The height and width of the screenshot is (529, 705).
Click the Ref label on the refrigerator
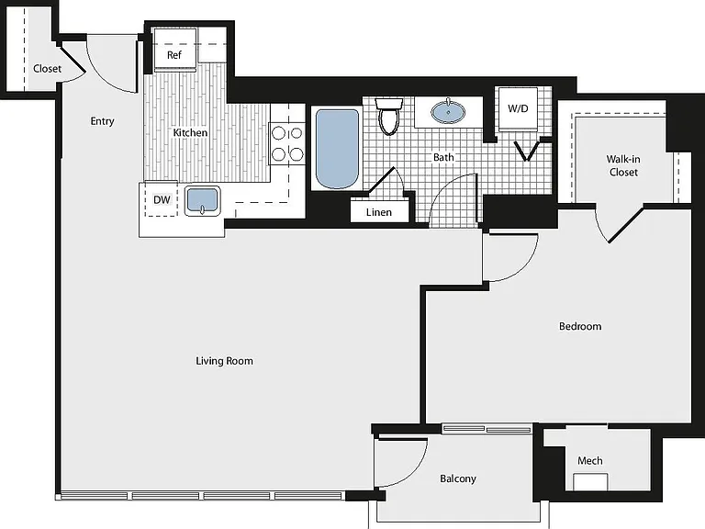coord(174,55)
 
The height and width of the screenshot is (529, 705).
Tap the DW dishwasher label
coord(162,199)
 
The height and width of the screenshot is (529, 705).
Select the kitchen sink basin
coord(202,200)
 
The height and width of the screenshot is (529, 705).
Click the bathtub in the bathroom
coord(337,149)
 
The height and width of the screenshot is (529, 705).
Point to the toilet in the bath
coord(389,116)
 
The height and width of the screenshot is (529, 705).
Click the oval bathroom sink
coord(448,112)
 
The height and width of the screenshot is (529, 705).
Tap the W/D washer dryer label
coord(518,108)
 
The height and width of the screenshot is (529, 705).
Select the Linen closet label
coord(378,212)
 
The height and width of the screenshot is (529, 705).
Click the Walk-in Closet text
coord(623,165)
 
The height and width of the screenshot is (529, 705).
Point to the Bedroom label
coord(580,326)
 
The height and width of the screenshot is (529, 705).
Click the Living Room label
coord(224,361)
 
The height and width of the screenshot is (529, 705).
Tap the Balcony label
coord(458,478)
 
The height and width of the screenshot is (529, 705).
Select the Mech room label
coord(590,461)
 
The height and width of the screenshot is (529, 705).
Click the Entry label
coord(102,121)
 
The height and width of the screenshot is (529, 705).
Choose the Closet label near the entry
coord(47,68)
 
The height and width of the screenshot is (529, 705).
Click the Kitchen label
coord(190,132)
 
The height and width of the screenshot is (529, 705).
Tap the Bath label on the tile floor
coord(443,157)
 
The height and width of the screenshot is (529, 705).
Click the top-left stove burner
coord(278,133)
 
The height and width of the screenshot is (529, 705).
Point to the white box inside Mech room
coord(590,482)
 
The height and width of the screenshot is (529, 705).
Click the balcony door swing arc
coord(415,470)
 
